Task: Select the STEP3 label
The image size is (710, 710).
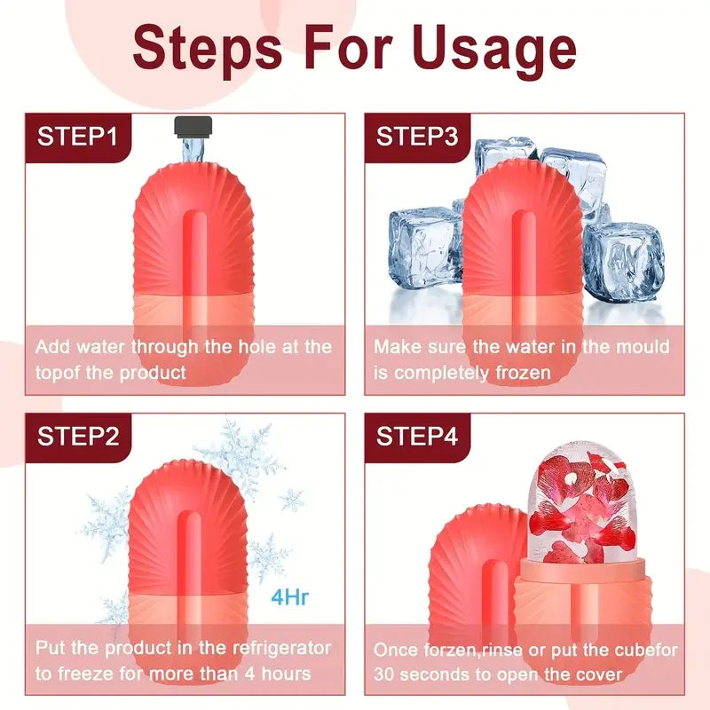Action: [417, 137]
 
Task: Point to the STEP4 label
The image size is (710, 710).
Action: [417, 436]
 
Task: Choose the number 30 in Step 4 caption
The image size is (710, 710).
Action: [389, 674]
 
